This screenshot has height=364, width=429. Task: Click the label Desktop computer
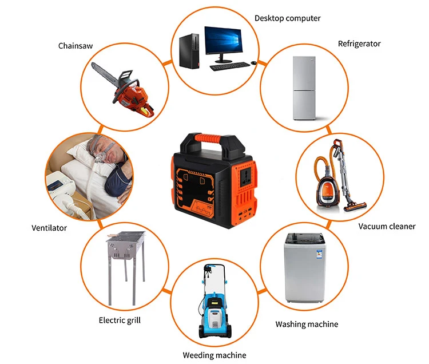(x=287, y=18)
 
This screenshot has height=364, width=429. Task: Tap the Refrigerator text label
(x=359, y=44)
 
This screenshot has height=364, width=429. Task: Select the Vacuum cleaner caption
(x=387, y=226)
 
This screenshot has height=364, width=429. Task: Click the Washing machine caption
(x=307, y=325)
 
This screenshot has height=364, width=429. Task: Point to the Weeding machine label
(x=214, y=355)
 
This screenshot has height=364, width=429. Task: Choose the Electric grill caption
(x=120, y=320)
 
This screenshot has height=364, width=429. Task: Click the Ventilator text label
(x=49, y=228)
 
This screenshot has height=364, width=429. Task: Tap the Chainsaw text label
(x=76, y=46)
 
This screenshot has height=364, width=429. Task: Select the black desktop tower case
(x=189, y=51)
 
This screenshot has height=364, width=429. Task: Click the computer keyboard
(x=230, y=66)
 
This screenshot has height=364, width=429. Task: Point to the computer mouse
(x=253, y=63)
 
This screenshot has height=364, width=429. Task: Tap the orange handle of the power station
(x=208, y=138)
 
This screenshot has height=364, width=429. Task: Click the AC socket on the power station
(x=246, y=178)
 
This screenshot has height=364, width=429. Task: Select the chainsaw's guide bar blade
(x=105, y=72)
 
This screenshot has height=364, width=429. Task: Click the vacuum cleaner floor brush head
(x=355, y=206)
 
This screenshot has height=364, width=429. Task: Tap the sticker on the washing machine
(x=319, y=255)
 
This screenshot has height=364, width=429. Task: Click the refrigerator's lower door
(x=304, y=105)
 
